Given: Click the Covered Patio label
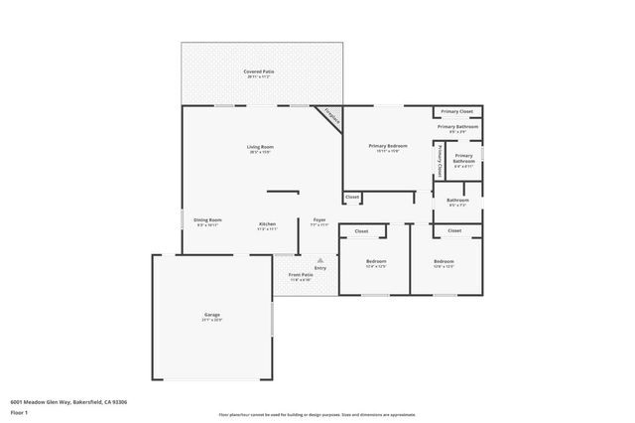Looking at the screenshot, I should point(261,71).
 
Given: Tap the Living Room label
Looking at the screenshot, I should point(261,147).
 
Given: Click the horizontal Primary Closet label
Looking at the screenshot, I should point(457,111).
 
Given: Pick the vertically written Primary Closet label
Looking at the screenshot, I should point(439,161).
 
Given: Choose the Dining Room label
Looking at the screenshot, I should point(207,219).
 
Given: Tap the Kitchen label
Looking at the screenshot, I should point(268,223).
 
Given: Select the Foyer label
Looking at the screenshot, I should point(319,219).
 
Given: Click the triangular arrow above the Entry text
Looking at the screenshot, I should point(319,260).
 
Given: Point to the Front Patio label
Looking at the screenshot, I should point(301,274).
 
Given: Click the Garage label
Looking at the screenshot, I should point(211,315).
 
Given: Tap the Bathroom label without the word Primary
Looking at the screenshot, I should point(457,200).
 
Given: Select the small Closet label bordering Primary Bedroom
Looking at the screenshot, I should point(352,197).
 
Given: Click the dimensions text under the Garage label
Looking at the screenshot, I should point(211,321).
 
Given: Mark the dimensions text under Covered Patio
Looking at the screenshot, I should point(261,77).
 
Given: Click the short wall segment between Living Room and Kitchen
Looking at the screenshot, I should point(282,191).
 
